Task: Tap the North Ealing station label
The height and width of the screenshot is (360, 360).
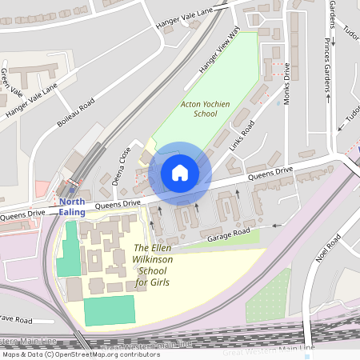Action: click(x=73, y=206)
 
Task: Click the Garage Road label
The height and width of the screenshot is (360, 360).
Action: click(x=229, y=234)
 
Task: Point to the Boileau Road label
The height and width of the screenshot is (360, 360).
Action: click(x=77, y=111)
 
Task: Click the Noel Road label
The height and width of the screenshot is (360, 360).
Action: click(x=328, y=247)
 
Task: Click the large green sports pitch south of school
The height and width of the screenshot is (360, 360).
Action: click(x=110, y=310)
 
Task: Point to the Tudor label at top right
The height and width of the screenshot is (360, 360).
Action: click(x=350, y=30)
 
